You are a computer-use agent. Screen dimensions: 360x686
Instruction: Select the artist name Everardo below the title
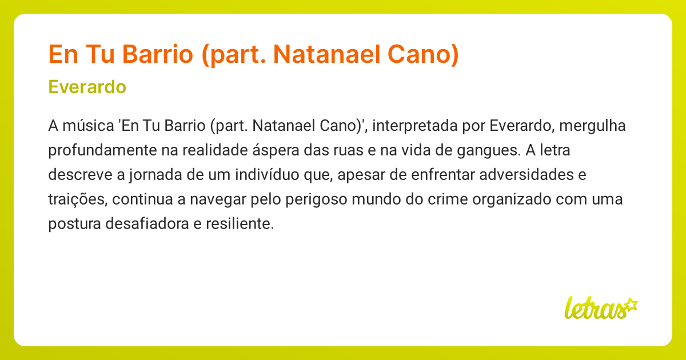87,87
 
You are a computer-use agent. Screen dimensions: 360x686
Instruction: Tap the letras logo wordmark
595,308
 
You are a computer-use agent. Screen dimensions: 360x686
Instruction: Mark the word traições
77,199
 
